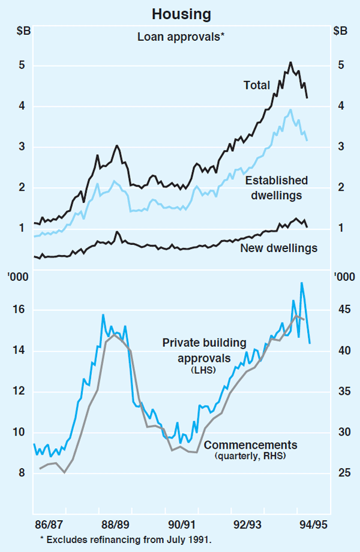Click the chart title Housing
click(x=179, y=13)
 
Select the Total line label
click(x=256, y=85)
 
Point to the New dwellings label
click(x=278, y=247)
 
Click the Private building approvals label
click(x=205, y=350)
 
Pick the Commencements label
click(x=250, y=445)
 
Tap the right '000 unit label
click(x=343, y=277)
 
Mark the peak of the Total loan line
click(x=290, y=62)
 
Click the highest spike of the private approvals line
click(x=301, y=283)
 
